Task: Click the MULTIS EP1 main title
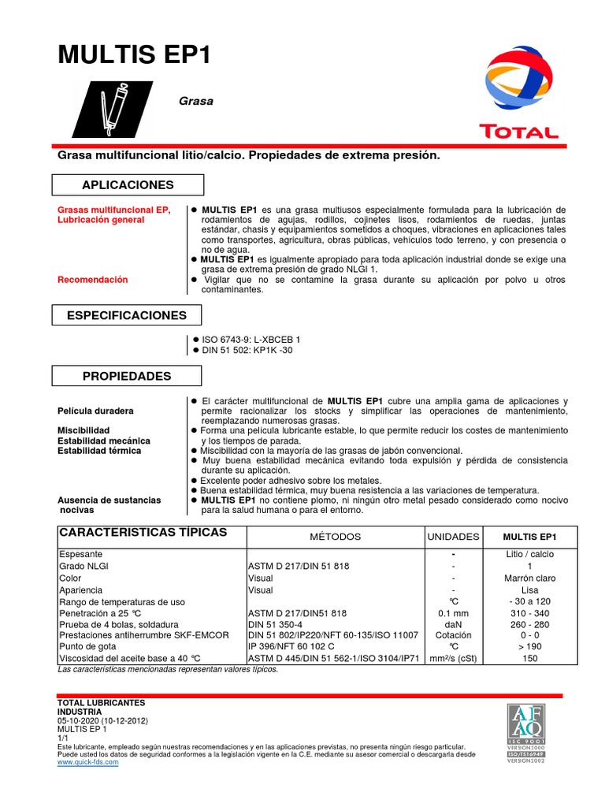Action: [135, 55]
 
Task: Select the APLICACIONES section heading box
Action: [128, 184]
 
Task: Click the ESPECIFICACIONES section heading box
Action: [128, 315]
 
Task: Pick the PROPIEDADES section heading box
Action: [128, 376]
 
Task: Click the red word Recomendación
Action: [93, 280]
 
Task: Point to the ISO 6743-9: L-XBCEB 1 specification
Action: [251, 339]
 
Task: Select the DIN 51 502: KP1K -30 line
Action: [247, 350]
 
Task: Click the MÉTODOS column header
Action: [335, 537]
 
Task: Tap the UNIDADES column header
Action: [453, 537]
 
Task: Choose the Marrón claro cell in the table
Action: [529, 578]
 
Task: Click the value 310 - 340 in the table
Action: [529, 613]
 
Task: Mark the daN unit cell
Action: [453, 624]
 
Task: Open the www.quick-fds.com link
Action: [88, 762]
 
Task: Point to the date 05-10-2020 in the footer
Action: [84, 721]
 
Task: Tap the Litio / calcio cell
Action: [529, 554]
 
